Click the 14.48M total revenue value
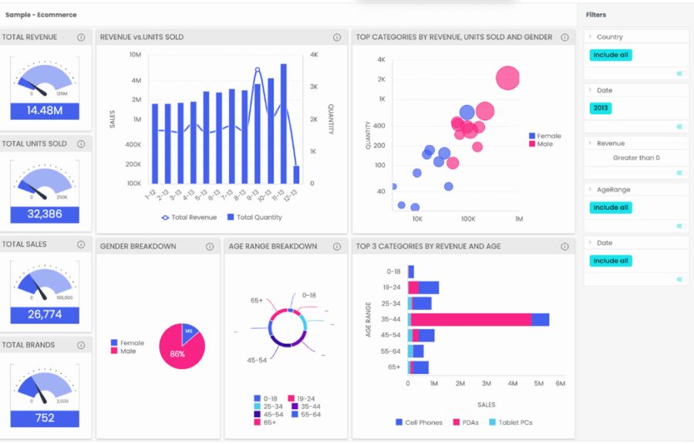coord(45,110)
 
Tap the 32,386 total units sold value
coord(45,214)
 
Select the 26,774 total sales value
coord(45,314)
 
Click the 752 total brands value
coord(45,418)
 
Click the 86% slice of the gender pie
coord(180,352)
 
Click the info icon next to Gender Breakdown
coord(209,246)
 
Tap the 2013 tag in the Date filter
coord(601,108)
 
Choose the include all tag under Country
coord(610,55)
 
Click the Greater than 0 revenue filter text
coord(636,158)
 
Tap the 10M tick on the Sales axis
coord(135,55)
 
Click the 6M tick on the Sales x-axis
coord(560,383)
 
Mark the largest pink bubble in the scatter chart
coord(507,78)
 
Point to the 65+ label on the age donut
coord(258,300)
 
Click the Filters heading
coord(595,15)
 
